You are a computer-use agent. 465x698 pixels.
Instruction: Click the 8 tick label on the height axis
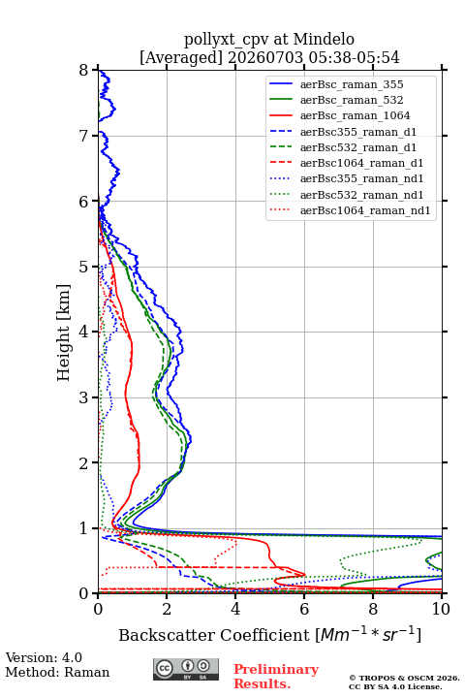click(84, 70)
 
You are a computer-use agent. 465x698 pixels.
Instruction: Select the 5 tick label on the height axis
click(84, 267)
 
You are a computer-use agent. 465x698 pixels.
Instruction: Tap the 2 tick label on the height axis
click(84, 463)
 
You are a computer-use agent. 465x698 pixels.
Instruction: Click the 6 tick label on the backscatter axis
click(304, 609)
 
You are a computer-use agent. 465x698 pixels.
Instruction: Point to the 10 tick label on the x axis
click(442, 609)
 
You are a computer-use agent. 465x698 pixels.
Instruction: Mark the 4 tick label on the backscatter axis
click(235, 609)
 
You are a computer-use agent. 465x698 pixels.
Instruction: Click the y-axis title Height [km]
click(64, 333)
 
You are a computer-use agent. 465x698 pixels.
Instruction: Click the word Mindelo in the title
click(324, 39)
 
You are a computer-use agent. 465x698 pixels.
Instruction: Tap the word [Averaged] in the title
click(181, 57)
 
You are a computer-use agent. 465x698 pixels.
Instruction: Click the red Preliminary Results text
click(276, 677)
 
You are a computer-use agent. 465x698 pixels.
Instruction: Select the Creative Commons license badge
click(186, 670)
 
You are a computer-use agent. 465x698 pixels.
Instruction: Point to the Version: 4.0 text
click(44, 657)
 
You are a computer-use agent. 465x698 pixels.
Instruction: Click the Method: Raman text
click(57, 672)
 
